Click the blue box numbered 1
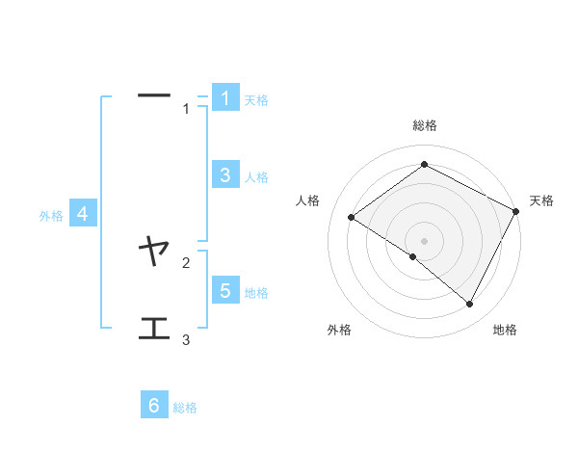tap(224, 98)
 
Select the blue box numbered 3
tap(224, 174)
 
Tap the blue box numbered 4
tap(83, 214)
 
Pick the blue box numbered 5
tap(224, 290)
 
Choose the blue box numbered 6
tap(154, 405)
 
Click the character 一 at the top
tap(154, 95)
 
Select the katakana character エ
tap(154, 330)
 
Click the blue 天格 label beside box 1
tap(256, 100)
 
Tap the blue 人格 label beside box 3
tap(256, 177)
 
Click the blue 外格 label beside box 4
tap(51, 216)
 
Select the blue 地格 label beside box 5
tap(256, 293)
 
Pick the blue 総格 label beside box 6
tap(185, 408)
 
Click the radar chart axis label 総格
tap(425, 125)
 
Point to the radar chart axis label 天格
tap(541, 200)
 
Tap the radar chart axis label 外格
tap(339, 330)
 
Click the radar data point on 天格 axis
tap(515, 211)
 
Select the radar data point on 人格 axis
tap(351, 218)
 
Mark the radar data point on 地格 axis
tap(470, 304)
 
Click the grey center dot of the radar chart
tap(424, 241)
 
